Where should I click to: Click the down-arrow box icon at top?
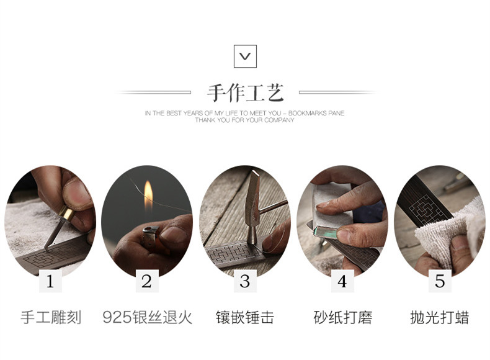(245, 56)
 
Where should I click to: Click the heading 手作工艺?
(246, 93)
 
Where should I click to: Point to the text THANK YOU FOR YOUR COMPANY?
(244, 120)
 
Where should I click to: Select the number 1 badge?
(50, 281)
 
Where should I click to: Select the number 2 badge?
(147, 281)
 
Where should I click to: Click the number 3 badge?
(245, 281)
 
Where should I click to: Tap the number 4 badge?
(342, 281)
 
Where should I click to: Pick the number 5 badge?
(440, 281)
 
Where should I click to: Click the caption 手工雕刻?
(51, 317)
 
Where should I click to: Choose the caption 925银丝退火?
(147, 317)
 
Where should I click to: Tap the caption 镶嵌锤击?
(245, 317)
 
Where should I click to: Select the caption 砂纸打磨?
(343, 317)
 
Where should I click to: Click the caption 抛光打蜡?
(440, 317)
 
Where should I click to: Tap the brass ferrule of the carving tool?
(66, 214)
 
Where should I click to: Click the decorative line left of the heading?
(154, 92)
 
